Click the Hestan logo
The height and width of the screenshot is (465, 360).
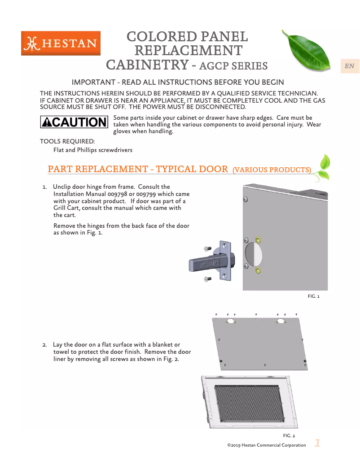61,43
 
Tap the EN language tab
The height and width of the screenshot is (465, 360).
349,66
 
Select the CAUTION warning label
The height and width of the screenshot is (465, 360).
74,122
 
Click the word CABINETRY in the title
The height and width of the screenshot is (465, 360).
146,65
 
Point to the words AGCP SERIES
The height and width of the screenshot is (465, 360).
233,66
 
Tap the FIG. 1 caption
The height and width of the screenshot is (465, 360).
313,296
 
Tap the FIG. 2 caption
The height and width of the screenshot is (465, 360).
289,435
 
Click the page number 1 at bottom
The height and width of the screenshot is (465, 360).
317,443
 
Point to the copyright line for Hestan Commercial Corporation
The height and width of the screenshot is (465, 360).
267,445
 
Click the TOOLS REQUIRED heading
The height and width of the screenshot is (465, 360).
67,142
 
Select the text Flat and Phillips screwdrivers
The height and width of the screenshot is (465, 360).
93,150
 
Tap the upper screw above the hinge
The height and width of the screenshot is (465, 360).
207,249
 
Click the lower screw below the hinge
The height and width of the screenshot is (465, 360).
207,279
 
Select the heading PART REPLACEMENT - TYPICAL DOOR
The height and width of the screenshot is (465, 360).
138,169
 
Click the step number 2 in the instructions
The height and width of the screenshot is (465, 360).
44,345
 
